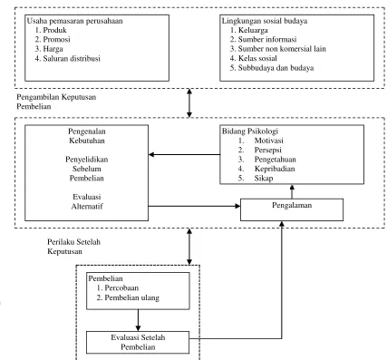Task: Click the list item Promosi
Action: (53, 39)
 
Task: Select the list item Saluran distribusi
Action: (68, 58)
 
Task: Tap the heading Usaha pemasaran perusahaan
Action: (75, 21)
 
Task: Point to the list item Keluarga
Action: (249, 30)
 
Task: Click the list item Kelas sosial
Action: (254, 58)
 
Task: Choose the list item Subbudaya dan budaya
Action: (272, 68)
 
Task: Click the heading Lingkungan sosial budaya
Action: (265, 21)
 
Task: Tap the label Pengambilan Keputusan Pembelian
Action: (56, 102)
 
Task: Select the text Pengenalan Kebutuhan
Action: (87, 136)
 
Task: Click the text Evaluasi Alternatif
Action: (87, 201)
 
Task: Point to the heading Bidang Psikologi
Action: (250, 131)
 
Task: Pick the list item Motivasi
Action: (261, 141)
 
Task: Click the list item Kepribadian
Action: (266, 169)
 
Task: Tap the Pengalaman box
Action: (292, 209)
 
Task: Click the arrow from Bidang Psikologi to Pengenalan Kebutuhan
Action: (185, 155)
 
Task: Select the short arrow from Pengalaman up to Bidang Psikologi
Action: (292, 191)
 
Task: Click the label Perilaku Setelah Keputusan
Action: (73, 247)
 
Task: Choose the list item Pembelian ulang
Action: (128, 297)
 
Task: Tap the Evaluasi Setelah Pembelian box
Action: (138, 343)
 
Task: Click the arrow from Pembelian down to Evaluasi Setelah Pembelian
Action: (138, 320)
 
